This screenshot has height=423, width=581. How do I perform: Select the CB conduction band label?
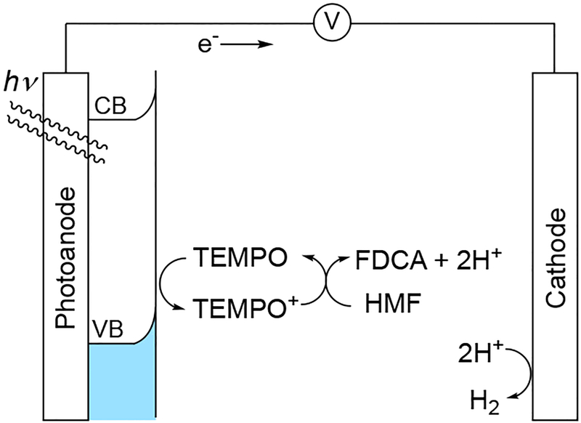[x=110, y=108]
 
